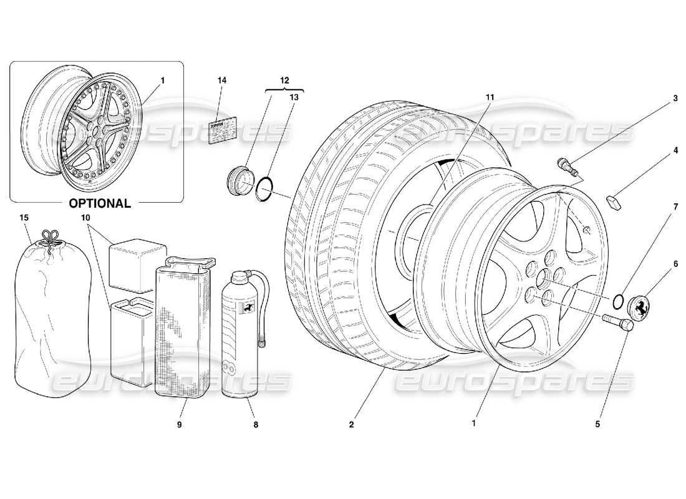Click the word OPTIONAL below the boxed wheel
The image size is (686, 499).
(x=99, y=203)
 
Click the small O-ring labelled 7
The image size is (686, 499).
(x=617, y=301)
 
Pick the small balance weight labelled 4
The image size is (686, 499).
(x=614, y=201)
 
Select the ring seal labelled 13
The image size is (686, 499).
(x=264, y=188)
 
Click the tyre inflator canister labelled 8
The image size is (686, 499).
(x=241, y=337)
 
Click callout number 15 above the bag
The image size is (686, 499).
(x=24, y=218)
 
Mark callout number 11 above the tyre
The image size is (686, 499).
(x=490, y=97)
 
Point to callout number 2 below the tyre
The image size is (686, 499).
(x=352, y=425)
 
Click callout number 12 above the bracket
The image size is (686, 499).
(x=284, y=80)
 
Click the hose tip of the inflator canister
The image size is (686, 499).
(x=263, y=341)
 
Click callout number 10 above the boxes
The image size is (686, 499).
(x=85, y=218)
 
